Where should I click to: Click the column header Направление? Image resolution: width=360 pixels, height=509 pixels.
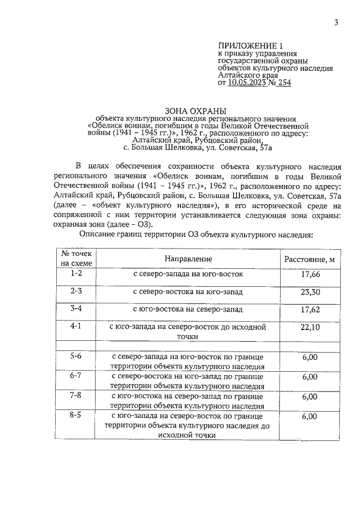tap(188, 259)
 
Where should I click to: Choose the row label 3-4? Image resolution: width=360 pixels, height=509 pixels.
tap(76, 308)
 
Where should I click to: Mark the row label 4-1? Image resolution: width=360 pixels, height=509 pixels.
tap(76, 326)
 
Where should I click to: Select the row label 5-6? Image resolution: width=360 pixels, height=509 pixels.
tap(76, 356)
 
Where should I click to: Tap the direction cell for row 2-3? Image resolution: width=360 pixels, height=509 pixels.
tap(188, 292)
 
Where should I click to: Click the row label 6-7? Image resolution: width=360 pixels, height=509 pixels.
tap(76, 376)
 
